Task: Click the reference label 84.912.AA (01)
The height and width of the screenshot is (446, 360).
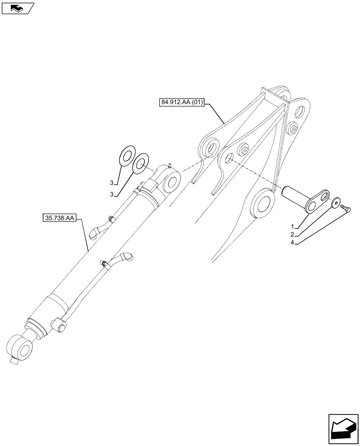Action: tap(181, 103)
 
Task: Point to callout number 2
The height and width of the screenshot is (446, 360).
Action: tap(293, 234)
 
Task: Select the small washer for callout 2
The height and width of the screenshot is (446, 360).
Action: tap(335, 202)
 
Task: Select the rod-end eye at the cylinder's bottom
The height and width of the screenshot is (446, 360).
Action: tap(20, 348)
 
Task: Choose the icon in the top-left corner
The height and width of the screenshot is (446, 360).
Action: tap(17, 8)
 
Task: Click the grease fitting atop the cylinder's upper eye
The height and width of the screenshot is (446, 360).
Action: tap(170, 165)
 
